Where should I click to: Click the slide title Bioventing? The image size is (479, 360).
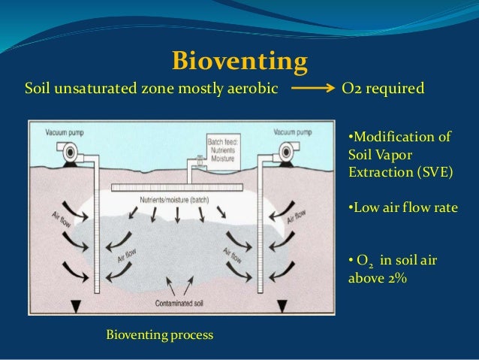pyautogui.click(x=240, y=60)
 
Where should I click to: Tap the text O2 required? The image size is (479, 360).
pyautogui.click(x=383, y=89)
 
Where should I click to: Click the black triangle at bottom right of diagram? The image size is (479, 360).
pyautogui.click(x=283, y=307)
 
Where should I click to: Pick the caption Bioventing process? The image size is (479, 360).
pyautogui.click(x=160, y=334)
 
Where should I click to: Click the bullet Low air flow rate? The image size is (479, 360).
pyautogui.click(x=402, y=207)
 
